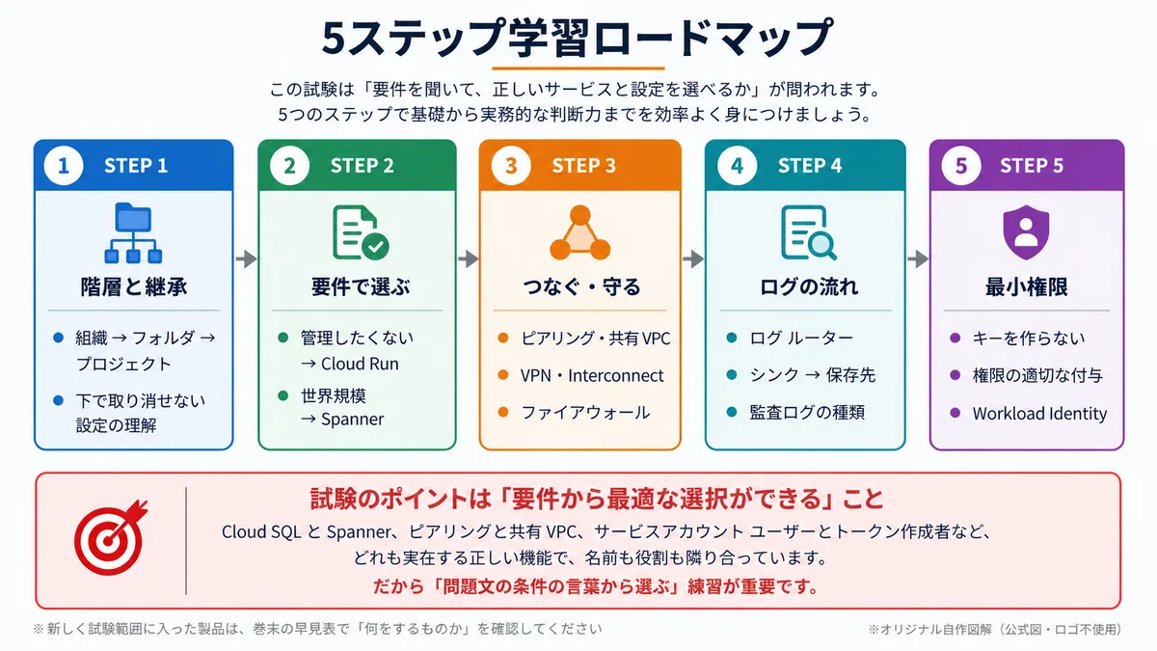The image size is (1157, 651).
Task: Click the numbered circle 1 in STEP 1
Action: (64, 165)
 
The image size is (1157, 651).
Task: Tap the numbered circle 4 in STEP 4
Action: (737, 165)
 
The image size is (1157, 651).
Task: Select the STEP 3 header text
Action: (583, 166)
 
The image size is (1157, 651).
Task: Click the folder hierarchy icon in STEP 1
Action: (133, 233)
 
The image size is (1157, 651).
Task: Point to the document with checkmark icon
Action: (361, 232)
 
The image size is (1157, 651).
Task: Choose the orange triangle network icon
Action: (580, 232)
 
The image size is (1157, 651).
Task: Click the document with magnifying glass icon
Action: (808, 232)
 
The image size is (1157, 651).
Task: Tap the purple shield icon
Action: (1026, 232)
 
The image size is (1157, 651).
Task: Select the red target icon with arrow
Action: (111, 537)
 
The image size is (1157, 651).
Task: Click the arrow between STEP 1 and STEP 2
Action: (247, 258)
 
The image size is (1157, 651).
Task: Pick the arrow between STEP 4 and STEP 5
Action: (918, 258)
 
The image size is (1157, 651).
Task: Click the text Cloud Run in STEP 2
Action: (360, 364)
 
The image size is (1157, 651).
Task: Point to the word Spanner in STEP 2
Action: (352, 419)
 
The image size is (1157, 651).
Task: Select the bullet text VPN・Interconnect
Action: (591, 375)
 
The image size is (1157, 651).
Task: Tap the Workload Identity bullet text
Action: (1039, 414)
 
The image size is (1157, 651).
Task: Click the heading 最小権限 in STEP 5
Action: (1026, 286)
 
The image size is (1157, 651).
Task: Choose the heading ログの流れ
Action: (808, 286)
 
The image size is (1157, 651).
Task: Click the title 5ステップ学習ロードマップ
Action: (578, 38)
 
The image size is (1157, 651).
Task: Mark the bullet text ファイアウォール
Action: (585, 413)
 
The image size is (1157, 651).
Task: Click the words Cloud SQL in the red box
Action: (261, 531)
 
